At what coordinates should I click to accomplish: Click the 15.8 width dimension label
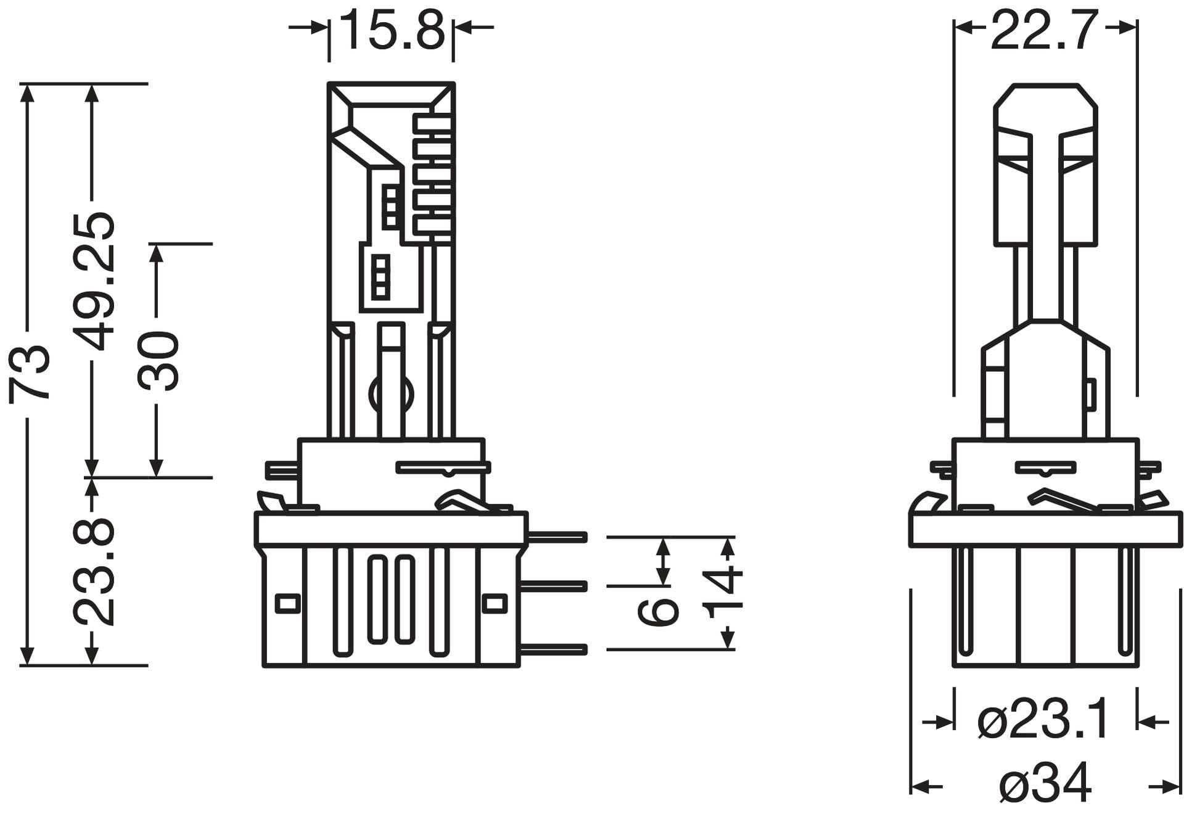392,30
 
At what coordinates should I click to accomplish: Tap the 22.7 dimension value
1045,30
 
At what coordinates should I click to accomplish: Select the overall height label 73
30,374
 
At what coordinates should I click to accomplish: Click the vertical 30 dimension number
158,361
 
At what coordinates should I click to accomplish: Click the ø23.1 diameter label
1044,720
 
